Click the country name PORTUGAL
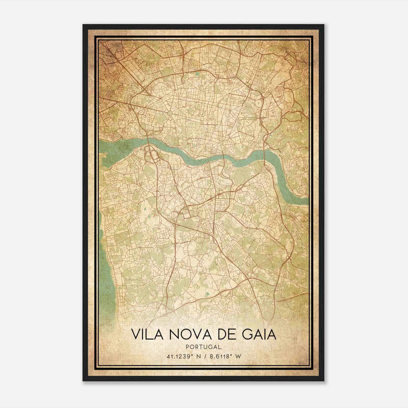pyautogui.click(x=204, y=347)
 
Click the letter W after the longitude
pyautogui.click(x=238, y=357)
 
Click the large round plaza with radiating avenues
pyautogui.click(x=170, y=112)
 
